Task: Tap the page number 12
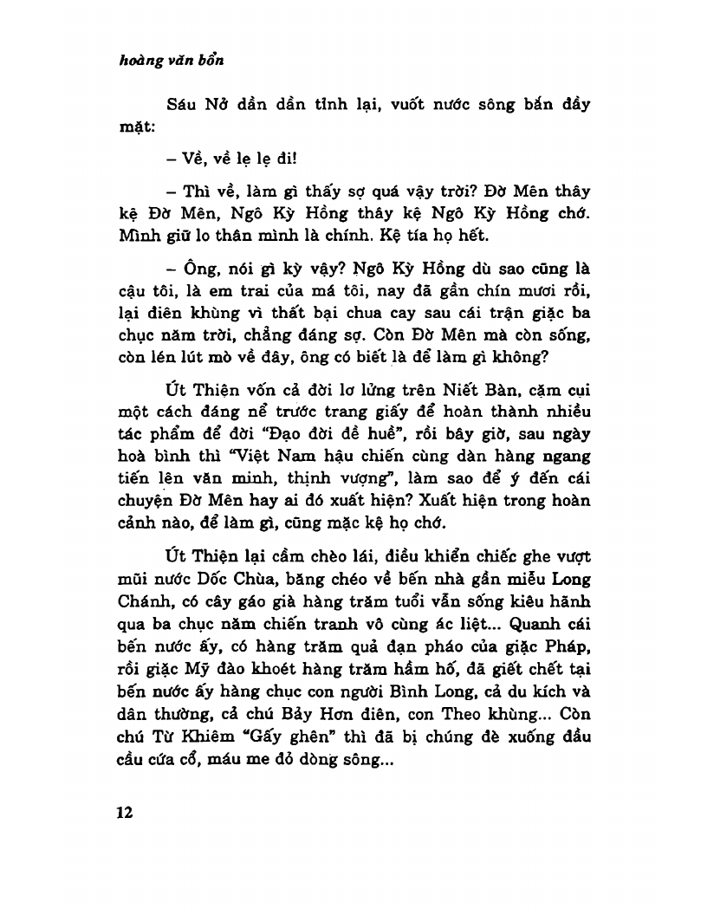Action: [124, 812]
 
